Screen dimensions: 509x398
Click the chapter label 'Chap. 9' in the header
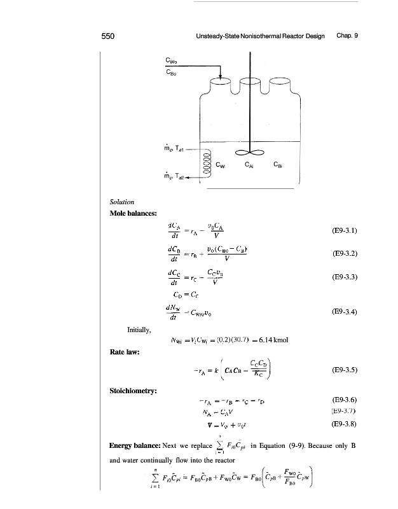pyautogui.click(x=348, y=36)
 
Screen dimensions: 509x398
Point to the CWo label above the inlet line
pyautogui.click(x=170, y=61)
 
